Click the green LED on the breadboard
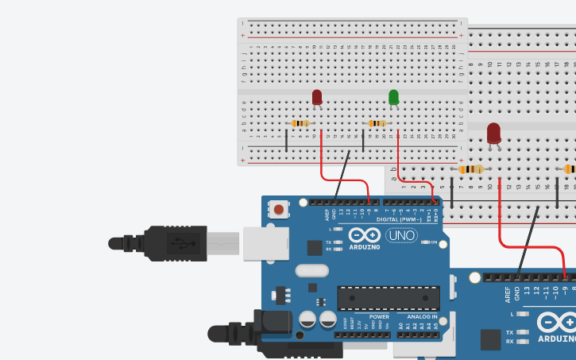tap(393, 98)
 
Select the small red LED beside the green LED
tap(317, 98)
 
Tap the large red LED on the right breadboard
tap(494, 133)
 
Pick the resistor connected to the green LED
tap(377, 123)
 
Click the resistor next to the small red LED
tap(300, 123)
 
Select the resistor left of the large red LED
tap(471, 169)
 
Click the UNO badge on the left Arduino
tap(401, 235)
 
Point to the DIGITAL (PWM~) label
tap(400, 219)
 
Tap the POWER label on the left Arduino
tap(379, 316)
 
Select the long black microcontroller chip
tap(388, 297)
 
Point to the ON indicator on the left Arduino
tap(434, 242)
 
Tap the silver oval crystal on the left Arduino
tap(311, 270)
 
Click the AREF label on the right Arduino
tap(508, 295)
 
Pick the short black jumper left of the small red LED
tap(287, 141)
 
